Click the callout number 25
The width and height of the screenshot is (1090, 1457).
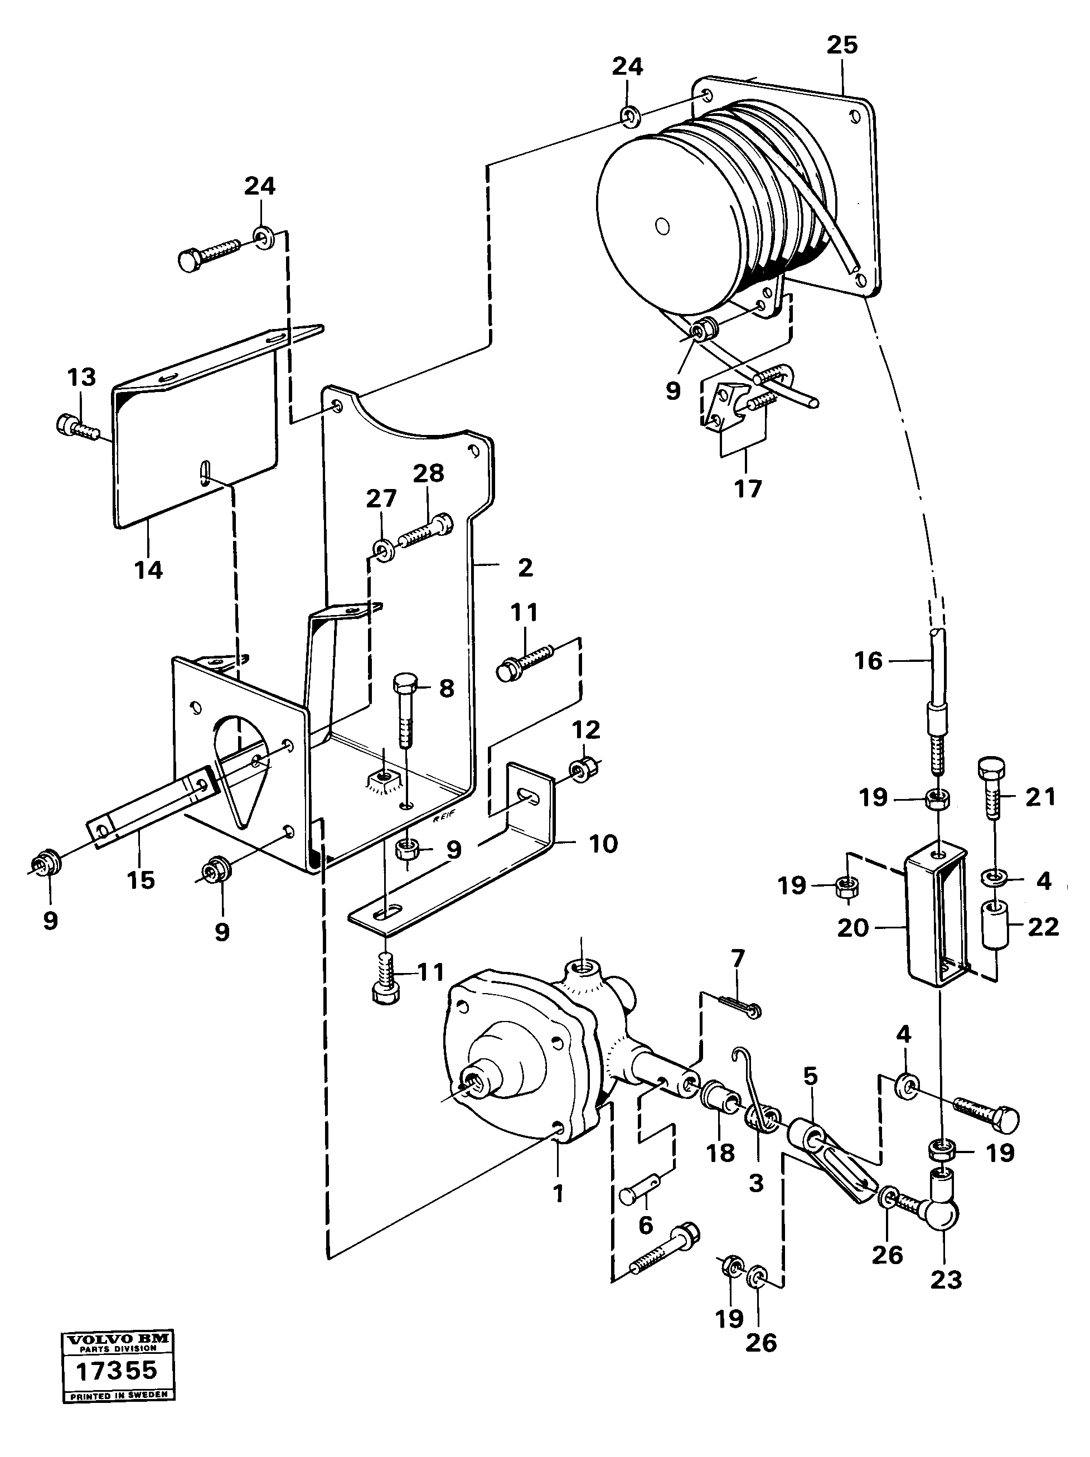[842, 46]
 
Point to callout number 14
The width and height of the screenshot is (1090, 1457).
[148, 570]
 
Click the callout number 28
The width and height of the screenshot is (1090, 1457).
[429, 473]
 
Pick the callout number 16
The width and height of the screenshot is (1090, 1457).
[868, 661]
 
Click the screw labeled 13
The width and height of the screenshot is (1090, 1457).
[77, 426]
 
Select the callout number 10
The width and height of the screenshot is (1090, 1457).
[603, 844]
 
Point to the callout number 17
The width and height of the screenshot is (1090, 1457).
[748, 489]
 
